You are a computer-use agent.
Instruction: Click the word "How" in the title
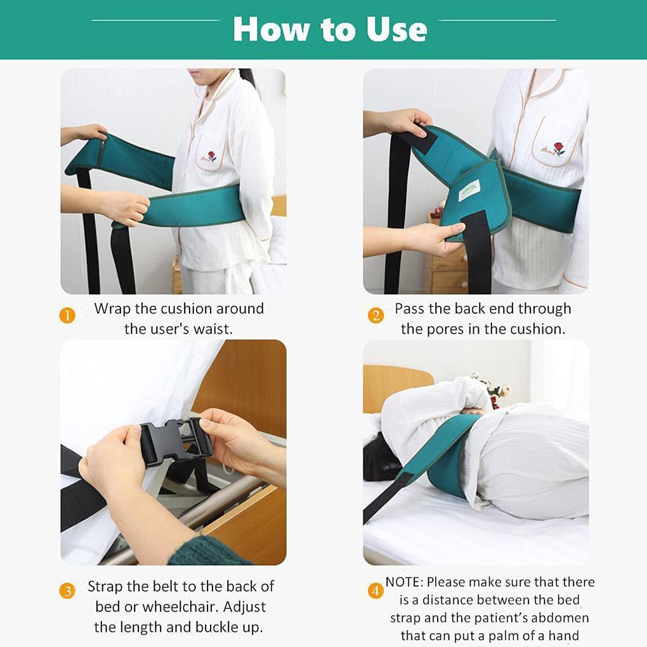271,29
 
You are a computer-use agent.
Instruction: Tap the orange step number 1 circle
67,316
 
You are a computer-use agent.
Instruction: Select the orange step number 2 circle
376,316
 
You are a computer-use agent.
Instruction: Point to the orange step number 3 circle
67,591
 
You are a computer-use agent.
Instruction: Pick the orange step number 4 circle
376,591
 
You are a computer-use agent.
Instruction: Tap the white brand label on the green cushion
469,190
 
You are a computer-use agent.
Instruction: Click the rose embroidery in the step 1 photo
211,156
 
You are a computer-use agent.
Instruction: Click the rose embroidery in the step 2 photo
559,148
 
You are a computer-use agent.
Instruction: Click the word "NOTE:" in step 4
405,582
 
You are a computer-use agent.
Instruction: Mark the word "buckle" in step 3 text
216,627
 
